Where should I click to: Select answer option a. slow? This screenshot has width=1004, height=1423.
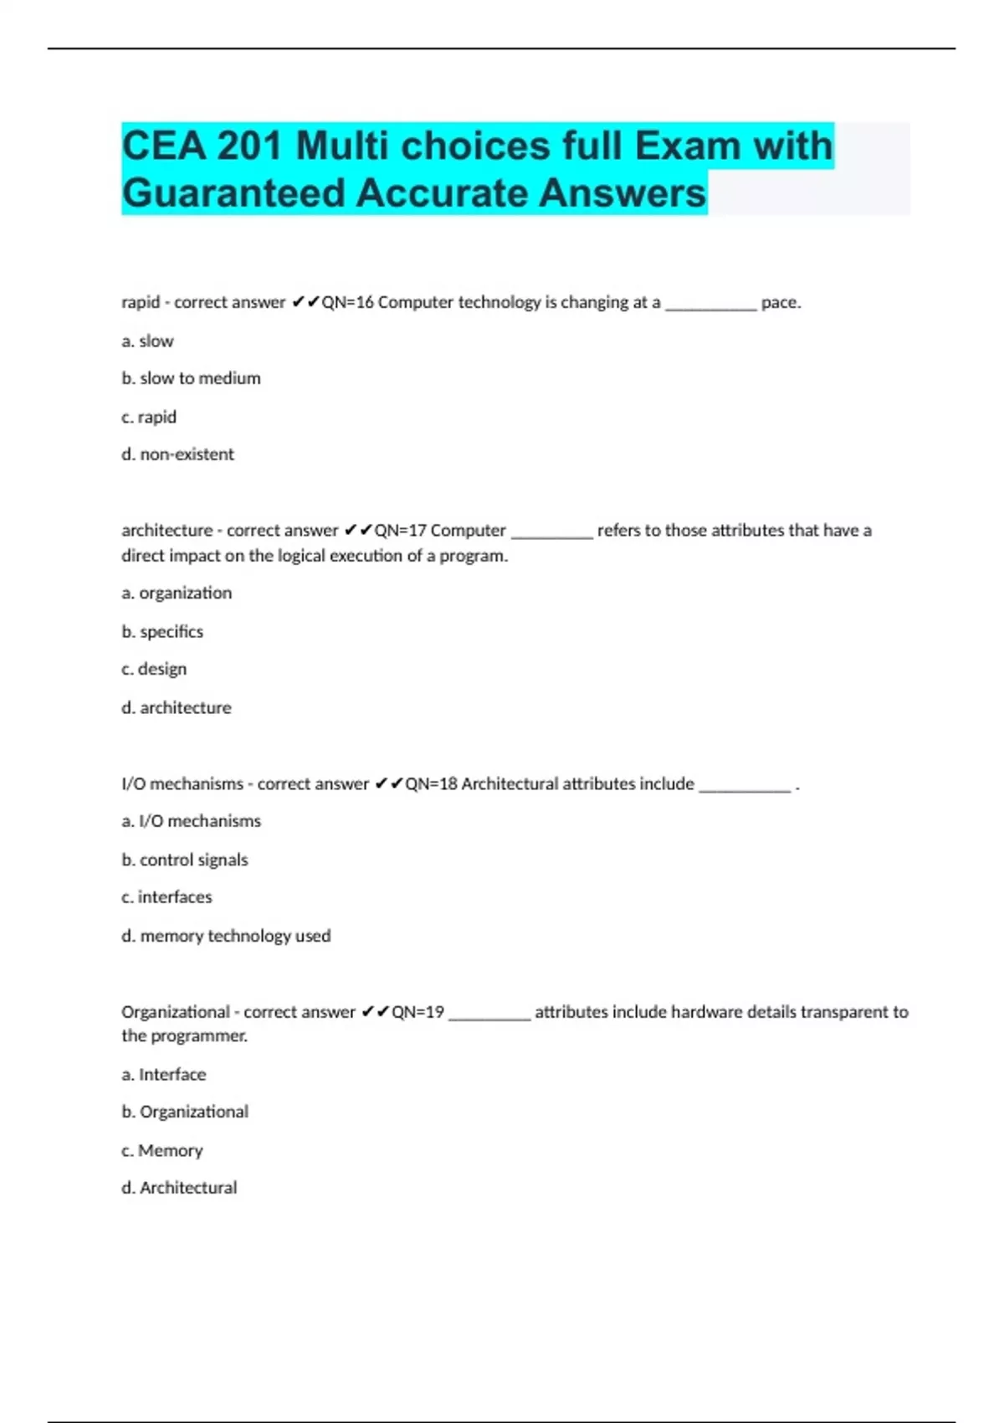point(147,342)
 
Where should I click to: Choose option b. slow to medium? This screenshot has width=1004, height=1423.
point(191,378)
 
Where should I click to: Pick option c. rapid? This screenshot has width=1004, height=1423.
point(149,417)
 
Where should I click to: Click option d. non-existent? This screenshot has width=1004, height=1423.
point(177,455)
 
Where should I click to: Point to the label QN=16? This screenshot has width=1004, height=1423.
point(347,302)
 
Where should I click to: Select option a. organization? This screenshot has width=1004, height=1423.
point(177,593)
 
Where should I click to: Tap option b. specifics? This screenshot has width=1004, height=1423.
point(162,632)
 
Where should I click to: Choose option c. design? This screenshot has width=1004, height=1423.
point(154,670)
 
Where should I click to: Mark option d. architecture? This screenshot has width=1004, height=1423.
point(177,708)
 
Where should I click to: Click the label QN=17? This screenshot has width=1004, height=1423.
point(400,531)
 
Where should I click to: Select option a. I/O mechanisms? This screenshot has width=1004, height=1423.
point(191,821)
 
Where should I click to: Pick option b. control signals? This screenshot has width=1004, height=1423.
point(185,860)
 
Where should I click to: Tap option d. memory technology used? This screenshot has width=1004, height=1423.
point(226,936)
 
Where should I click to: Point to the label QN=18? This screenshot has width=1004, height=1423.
point(431,784)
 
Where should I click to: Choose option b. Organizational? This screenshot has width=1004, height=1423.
point(185,1112)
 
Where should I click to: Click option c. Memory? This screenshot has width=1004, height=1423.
point(162,1151)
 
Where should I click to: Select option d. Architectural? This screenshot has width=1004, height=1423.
point(179,1188)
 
